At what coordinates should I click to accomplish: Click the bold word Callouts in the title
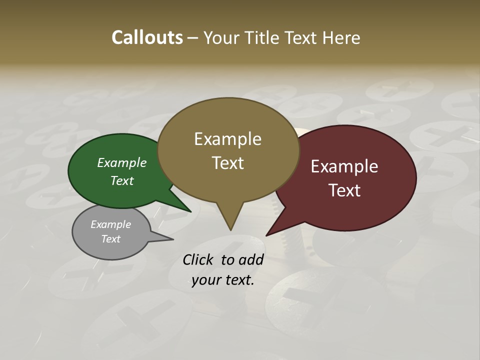147,37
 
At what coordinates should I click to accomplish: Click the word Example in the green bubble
122,162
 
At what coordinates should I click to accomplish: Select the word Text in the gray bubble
110,239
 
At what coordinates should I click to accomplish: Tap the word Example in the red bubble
344,166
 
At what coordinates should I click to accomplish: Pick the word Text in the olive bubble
228,163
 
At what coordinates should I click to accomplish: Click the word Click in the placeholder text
199,259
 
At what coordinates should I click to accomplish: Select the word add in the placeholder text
251,259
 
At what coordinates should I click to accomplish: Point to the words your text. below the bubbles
223,280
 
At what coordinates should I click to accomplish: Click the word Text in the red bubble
345,190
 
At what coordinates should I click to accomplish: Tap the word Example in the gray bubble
110,224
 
